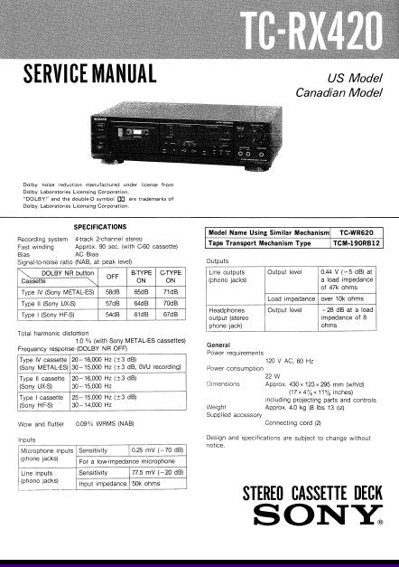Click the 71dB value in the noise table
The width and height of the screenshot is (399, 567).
(x=169, y=293)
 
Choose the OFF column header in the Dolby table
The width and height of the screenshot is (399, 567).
(x=113, y=277)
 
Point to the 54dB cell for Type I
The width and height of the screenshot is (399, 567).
(x=113, y=317)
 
